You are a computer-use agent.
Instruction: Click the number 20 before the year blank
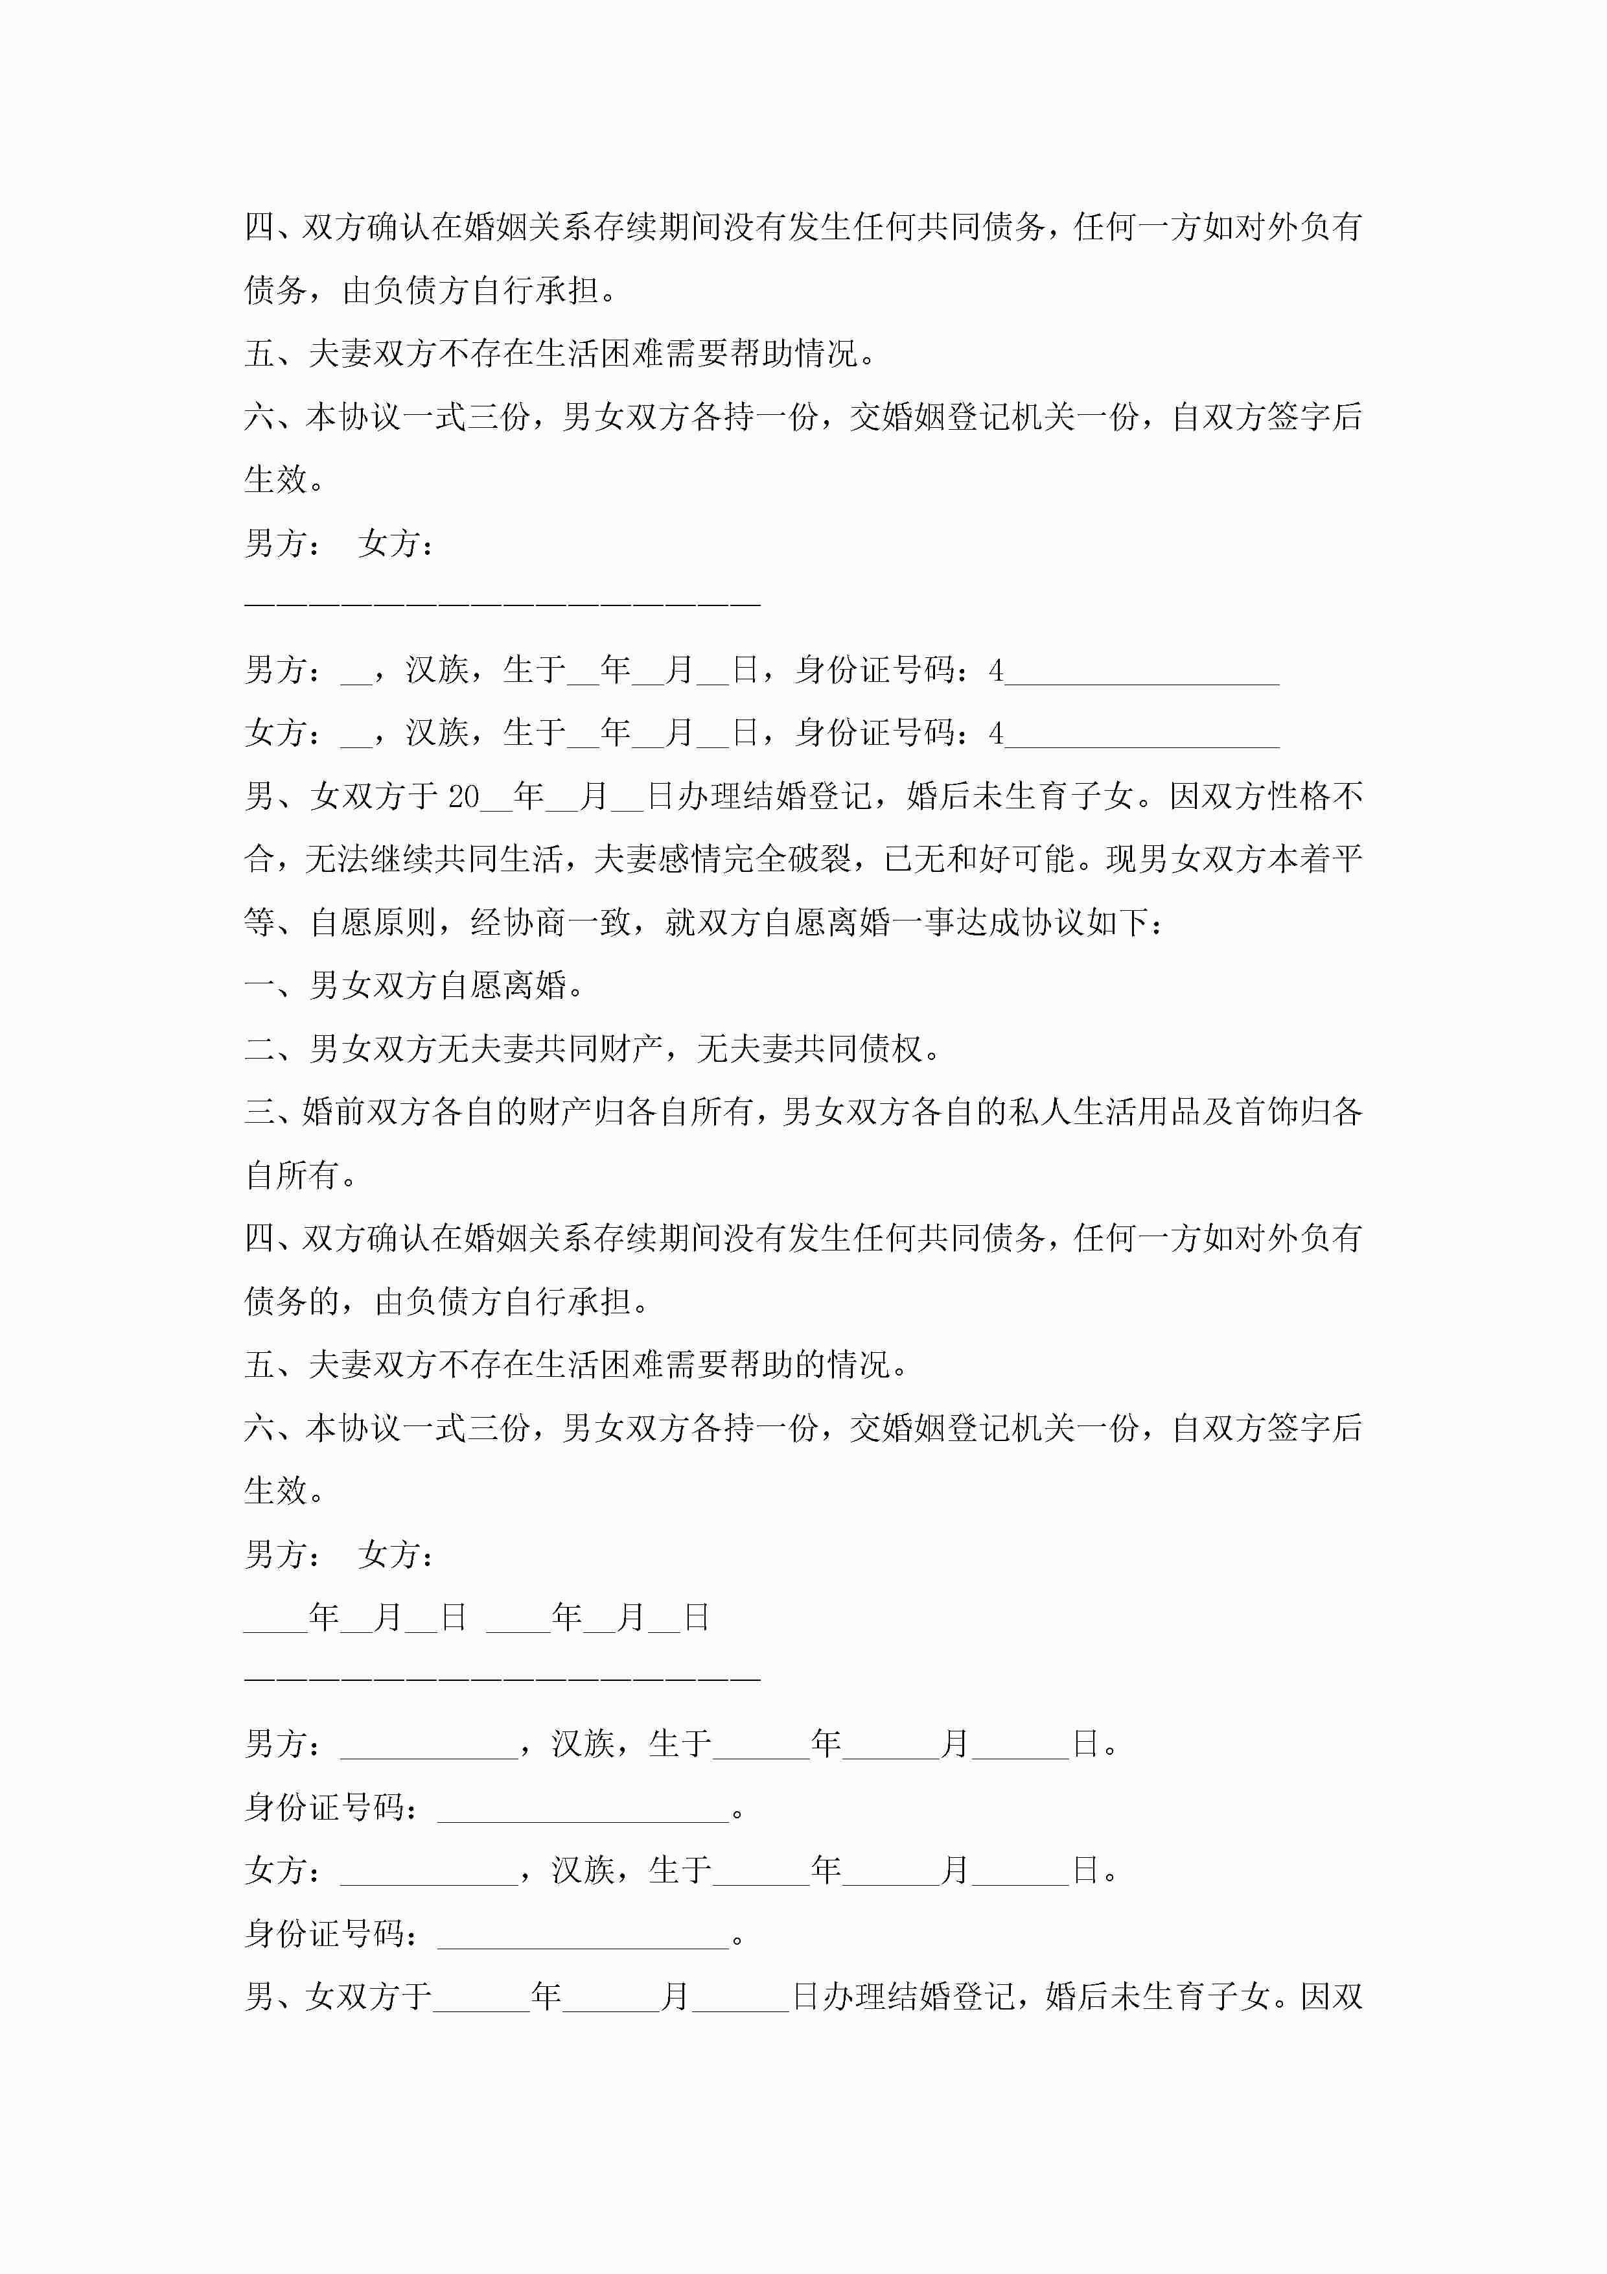pos(463,796)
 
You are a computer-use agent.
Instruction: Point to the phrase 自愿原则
pos(373,922)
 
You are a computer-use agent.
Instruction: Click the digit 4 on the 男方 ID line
pos(996,672)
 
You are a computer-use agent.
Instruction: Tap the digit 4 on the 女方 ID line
pos(996,734)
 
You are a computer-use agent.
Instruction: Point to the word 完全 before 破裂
pos(754,859)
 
